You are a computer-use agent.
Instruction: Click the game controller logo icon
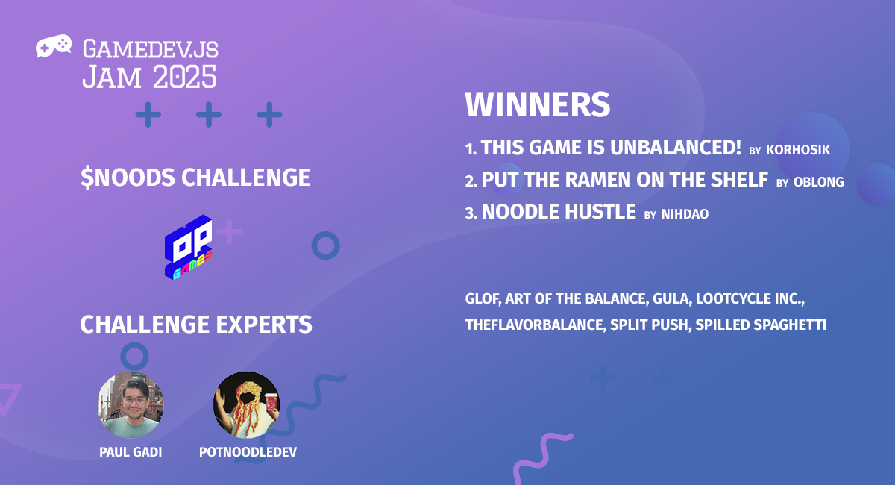pos(54,46)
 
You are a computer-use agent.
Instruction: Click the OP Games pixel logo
pos(188,248)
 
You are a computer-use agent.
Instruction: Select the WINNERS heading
pos(538,104)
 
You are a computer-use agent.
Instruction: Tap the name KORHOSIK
pos(798,150)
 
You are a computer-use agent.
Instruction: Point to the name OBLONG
pos(819,182)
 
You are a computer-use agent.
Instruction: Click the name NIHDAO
pos(685,214)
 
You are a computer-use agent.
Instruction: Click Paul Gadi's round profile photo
pos(131,404)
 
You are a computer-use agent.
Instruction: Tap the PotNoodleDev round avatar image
pos(247,404)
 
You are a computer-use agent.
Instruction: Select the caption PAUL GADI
pos(131,452)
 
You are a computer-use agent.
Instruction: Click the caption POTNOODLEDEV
pos(248,452)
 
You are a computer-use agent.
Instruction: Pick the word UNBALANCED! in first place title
pos(676,147)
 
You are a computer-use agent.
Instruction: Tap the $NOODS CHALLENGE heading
pos(195,178)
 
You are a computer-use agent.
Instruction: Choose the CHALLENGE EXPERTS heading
pos(196,325)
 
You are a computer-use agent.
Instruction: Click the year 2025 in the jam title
pos(185,77)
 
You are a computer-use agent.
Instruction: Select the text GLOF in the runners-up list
pos(483,298)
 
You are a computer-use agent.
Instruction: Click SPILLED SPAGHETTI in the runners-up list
pos(761,325)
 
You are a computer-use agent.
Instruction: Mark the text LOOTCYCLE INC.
pos(750,298)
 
